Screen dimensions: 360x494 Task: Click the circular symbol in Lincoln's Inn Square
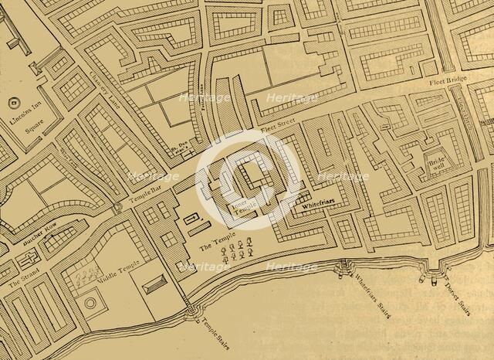pyautogui.click(x=13, y=102)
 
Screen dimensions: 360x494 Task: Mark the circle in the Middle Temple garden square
pyautogui.click(x=90, y=303)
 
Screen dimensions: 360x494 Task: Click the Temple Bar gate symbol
pyautogui.click(x=117, y=208)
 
